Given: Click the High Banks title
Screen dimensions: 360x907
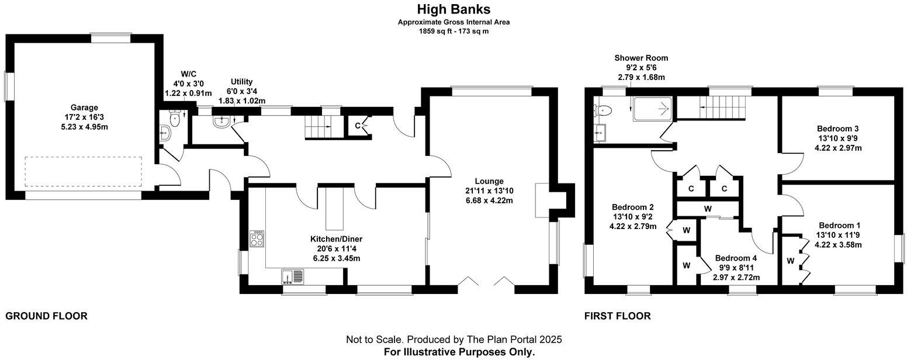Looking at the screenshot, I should click(x=453, y=9).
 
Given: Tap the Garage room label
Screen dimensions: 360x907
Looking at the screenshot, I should click(x=84, y=108).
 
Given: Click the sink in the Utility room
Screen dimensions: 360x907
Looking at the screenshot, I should click(x=221, y=122).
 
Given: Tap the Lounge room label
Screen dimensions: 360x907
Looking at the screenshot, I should click(x=489, y=181).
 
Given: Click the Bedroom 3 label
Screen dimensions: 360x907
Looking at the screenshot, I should click(x=837, y=129).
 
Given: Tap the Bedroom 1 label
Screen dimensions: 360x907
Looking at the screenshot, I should click(x=839, y=226).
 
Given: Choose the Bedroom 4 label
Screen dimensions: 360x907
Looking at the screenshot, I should click(x=736, y=258).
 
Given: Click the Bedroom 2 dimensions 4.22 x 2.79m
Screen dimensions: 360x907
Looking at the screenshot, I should click(x=632, y=226).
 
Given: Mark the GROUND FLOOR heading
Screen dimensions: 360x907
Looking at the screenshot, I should click(x=46, y=316).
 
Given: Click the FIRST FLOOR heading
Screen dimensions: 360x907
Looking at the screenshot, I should click(x=617, y=316).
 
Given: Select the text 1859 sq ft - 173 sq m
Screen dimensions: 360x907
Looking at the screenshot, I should click(x=453, y=32).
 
